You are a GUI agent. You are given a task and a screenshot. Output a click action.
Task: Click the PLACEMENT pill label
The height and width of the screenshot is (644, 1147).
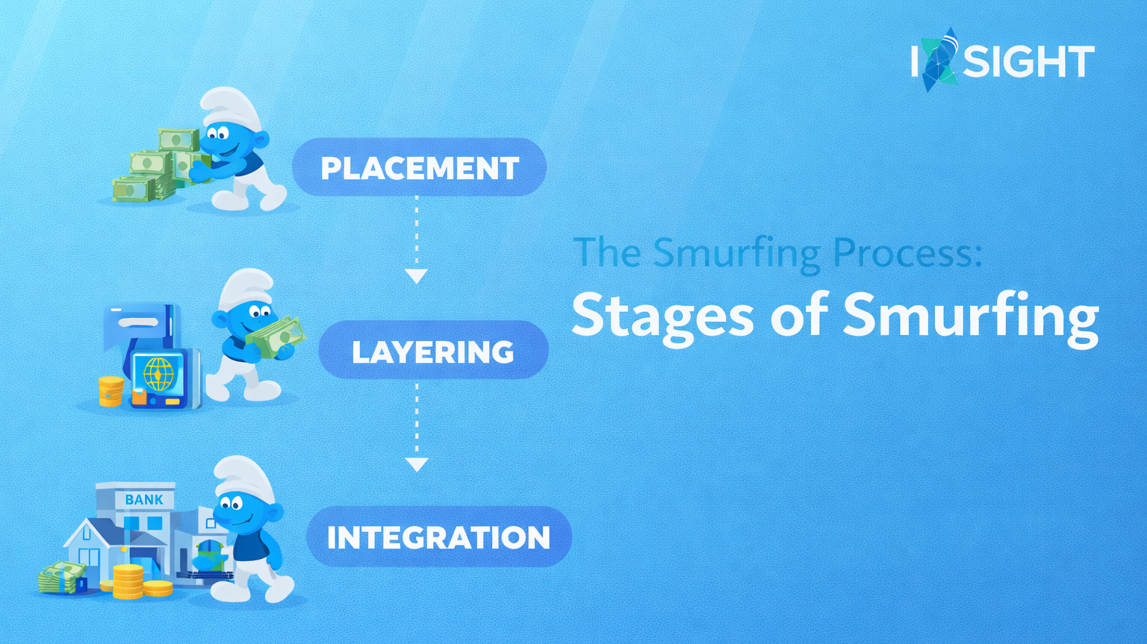[419, 168]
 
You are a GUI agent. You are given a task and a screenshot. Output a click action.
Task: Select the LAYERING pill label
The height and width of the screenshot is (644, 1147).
[433, 351]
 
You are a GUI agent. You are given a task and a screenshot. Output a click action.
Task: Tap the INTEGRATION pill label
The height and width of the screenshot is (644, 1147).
[438, 537]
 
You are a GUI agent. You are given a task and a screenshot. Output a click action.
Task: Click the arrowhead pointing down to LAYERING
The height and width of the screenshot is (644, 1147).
[416, 275]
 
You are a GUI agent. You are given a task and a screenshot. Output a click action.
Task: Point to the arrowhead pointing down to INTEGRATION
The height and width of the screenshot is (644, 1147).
[416, 464]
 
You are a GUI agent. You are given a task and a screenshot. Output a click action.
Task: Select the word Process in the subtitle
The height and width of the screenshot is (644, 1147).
[907, 253]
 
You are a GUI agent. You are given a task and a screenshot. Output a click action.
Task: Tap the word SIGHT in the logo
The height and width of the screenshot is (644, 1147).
[1028, 62]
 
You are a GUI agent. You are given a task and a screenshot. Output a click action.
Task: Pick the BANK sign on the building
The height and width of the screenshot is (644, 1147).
[143, 499]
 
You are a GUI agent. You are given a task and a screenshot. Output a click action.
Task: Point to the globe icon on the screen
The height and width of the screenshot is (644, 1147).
[158, 374]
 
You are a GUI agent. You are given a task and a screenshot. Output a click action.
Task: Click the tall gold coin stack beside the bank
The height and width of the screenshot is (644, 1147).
[128, 581]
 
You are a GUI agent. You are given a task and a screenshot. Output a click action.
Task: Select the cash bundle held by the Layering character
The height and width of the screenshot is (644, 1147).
[276, 337]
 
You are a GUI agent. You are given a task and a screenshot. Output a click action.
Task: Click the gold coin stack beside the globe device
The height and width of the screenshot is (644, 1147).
[111, 391]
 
